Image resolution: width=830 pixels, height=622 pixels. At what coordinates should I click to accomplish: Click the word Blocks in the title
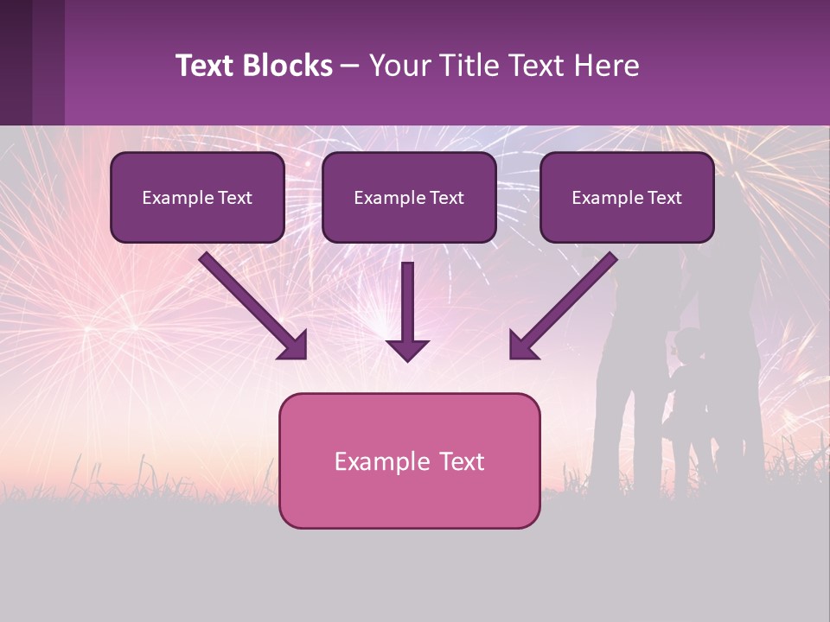[x=288, y=66]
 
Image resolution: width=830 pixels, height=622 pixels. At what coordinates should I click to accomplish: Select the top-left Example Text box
[x=197, y=198]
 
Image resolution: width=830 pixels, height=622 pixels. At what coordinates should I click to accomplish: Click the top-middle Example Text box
[x=409, y=198]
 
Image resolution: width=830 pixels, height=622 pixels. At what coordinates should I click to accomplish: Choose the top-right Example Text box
[x=627, y=198]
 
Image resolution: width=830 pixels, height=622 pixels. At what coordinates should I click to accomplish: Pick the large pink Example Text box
[x=409, y=460]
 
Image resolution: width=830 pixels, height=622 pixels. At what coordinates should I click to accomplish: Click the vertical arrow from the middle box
[x=408, y=302]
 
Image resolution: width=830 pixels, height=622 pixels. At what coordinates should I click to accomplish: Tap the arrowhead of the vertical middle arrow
[x=408, y=349]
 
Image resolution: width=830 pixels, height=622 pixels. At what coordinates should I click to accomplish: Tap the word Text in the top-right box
[x=664, y=198]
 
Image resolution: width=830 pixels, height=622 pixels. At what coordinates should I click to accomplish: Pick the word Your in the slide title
[x=395, y=66]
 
